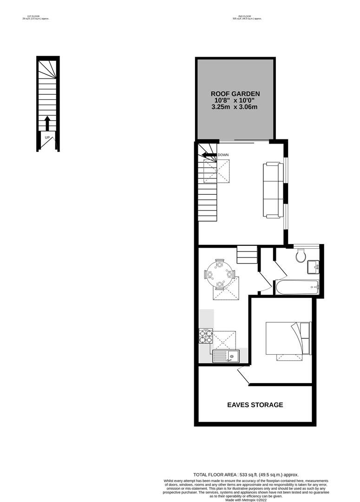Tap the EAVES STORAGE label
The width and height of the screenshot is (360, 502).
coord(255,405)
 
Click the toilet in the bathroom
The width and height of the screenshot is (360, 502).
coord(301,255)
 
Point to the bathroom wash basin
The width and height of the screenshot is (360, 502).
coord(313,267)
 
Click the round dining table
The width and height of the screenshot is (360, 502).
coord(218,274)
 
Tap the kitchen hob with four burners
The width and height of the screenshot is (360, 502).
coord(206,336)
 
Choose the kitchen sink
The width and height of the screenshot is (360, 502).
coord(226,356)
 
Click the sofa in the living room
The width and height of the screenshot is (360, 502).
coord(273,190)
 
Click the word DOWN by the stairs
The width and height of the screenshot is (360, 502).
coord(223,155)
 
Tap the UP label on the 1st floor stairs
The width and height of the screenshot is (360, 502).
coord(47,138)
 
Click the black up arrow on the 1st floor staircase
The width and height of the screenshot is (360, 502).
coord(47,124)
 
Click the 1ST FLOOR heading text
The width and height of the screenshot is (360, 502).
coord(36,18)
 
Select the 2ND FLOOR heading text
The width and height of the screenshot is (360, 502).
coord(247,18)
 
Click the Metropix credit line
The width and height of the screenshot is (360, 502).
coord(246,500)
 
